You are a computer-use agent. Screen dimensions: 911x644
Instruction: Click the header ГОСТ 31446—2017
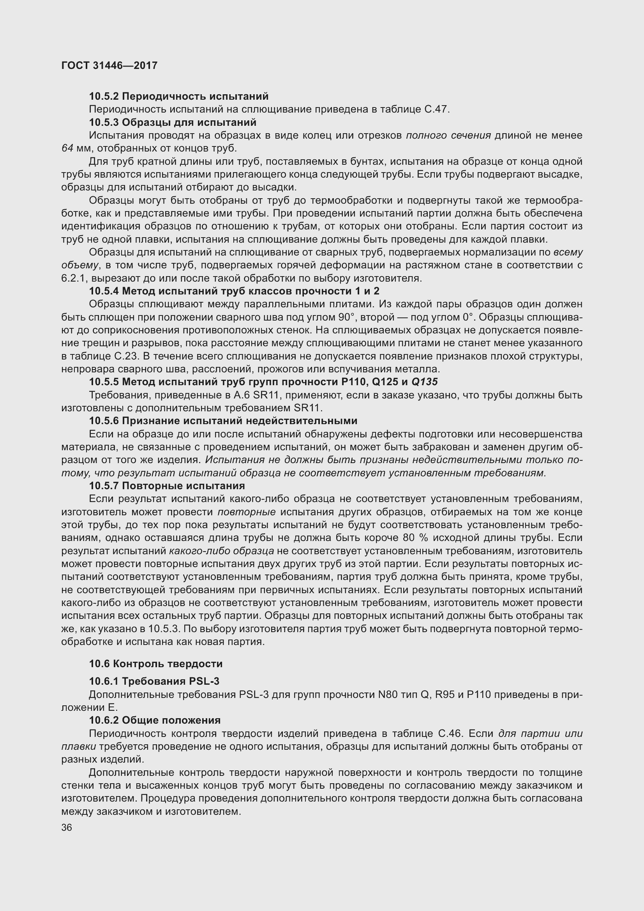pyautogui.click(x=109, y=65)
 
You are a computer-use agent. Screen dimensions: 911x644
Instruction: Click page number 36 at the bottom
pyautogui.click(x=67, y=827)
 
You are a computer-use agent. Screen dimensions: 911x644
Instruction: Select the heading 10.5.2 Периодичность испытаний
pyautogui.click(x=178, y=97)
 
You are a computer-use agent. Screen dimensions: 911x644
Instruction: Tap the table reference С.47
pyautogui.click(x=436, y=109)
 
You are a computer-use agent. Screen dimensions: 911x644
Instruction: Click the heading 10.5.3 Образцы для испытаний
pyautogui.click(x=173, y=122)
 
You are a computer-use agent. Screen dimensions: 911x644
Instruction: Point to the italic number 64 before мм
pyautogui.click(x=67, y=148)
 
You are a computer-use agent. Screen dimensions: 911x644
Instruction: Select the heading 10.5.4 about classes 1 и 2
pyautogui.click(x=234, y=291)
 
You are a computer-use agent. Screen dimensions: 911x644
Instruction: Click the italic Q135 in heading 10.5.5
pyautogui.click(x=424, y=382)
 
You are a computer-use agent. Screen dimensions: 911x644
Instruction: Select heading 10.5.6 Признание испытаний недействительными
pyautogui.click(x=223, y=421)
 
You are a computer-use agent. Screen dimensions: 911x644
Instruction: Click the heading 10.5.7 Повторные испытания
pyautogui.click(x=167, y=486)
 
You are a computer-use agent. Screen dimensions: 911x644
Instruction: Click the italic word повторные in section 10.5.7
pyautogui.click(x=246, y=512)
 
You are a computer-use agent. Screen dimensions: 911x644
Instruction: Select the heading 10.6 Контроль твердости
pyautogui.click(x=155, y=664)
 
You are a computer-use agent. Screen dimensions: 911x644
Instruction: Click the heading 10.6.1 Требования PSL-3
pyautogui.click(x=154, y=681)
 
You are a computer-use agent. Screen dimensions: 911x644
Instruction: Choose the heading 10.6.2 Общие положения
pyautogui.click(x=155, y=720)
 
